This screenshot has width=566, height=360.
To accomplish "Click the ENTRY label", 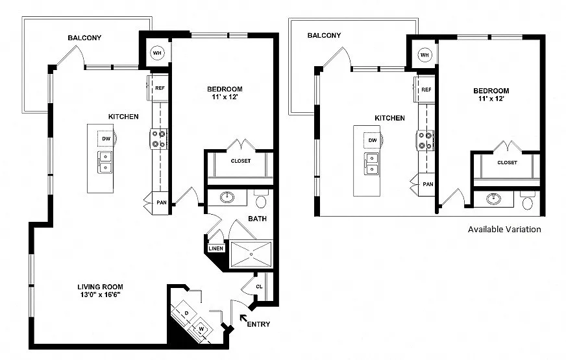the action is point(258,324).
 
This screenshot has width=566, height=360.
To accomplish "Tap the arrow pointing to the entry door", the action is point(244,318).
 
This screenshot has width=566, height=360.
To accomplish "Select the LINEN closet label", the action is point(216,248).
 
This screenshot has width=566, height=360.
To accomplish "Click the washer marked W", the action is point(201,329).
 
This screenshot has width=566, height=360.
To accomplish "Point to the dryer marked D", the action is point(186,313).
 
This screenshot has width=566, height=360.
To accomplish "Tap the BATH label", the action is point(258,219).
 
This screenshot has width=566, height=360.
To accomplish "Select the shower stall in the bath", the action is point(251,254).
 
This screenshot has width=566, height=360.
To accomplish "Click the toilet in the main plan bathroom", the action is point(261,200).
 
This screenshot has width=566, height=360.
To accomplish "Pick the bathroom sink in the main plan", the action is point(227,197).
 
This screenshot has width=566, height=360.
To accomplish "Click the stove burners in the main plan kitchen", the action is point(159,139).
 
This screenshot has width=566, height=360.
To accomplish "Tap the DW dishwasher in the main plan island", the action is point(106,139).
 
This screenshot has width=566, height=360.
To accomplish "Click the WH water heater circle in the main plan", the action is point(156,53).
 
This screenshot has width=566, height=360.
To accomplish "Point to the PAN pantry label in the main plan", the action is point(162,203).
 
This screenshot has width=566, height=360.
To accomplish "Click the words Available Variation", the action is point(504,230).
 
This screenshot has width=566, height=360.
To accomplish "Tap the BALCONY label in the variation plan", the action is point(324,35).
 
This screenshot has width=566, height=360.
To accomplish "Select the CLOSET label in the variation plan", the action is point(507,163).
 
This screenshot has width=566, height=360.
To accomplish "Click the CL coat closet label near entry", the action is point(259,287).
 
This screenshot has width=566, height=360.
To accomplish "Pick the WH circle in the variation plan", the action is point(425,55).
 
